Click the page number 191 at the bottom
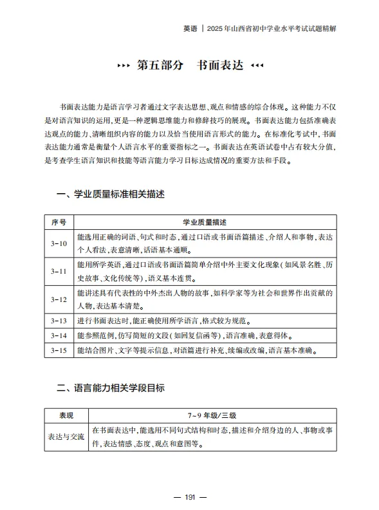pyautogui.click(x=190, y=496)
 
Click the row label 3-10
pyautogui.click(x=59, y=243)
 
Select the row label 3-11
pyautogui.click(x=59, y=271)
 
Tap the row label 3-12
pyautogui.click(x=59, y=299)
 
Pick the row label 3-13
pyautogui.click(x=59, y=320)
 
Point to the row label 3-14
pyautogui.click(x=59, y=335)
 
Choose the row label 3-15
pyautogui.click(x=59, y=351)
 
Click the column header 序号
pyautogui.click(x=59, y=222)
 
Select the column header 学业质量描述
pyautogui.click(x=205, y=222)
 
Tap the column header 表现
pyautogui.click(x=66, y=415)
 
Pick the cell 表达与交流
pyautogui.click(x=66, y=437)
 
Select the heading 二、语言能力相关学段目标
pyautogui.click(x=110, y=388)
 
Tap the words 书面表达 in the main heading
pyautogui.click(x=220, y=66)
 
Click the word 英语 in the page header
pyautogui.click(x=189, y=29)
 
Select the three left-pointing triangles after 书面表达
pyautogui.click(x=257, y=66)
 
